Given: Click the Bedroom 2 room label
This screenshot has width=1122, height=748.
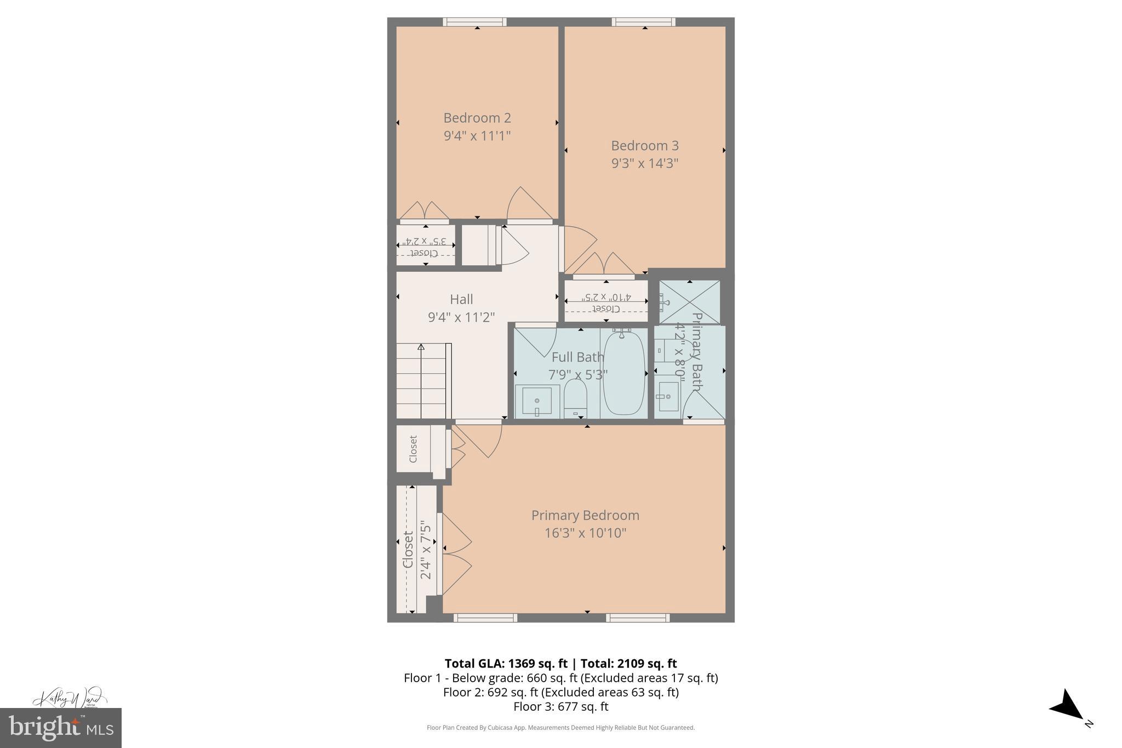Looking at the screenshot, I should (477, 118).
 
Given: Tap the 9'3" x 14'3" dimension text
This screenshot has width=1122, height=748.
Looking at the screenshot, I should (645, 163).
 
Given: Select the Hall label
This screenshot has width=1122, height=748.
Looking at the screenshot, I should (461, 299).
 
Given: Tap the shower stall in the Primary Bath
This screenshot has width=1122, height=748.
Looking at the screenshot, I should (690, 302).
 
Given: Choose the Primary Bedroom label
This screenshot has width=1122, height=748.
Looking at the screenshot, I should (585, 516).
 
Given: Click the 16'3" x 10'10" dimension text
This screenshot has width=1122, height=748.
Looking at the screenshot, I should (585, 533).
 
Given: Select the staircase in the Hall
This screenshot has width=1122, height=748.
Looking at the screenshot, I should (422, 381).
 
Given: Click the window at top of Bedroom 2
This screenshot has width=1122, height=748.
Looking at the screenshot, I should (474, 22).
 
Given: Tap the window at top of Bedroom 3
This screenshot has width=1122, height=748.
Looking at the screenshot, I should (643, 22).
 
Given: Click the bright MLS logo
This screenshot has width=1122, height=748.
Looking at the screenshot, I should (61, 728).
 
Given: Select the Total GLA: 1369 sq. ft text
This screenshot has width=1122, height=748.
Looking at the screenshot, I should (506, 664).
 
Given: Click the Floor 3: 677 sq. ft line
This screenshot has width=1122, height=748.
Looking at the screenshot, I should (560, 707).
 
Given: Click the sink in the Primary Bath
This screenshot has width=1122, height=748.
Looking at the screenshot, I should (668, 396).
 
